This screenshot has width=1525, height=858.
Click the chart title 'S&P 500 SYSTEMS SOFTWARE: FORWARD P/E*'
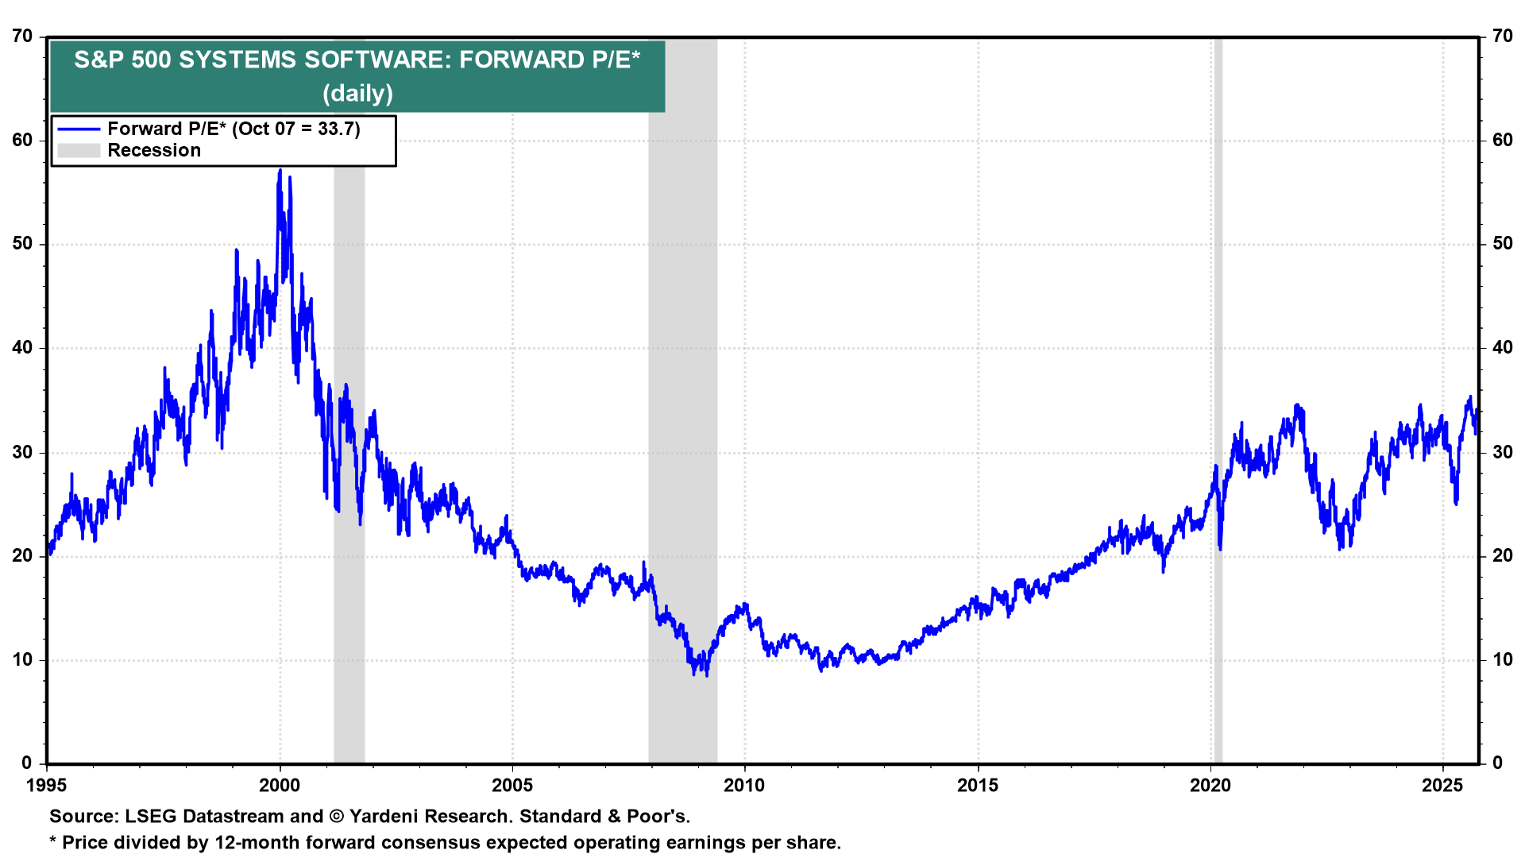[357, 60]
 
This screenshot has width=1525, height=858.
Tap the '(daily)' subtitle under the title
[357, 93]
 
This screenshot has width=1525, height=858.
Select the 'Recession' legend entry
[154, 151]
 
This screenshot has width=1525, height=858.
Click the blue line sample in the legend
[79, 129]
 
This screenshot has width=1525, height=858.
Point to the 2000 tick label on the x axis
[280, 786]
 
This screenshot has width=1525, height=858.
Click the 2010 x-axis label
[744, 786]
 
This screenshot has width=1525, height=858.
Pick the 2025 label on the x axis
[1442, 786]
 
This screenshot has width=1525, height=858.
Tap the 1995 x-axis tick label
[47, 786]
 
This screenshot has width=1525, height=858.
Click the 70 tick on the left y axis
[22, 37]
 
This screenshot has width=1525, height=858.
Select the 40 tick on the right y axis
[1502, 348]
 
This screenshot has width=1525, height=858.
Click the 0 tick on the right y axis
[1497, 763]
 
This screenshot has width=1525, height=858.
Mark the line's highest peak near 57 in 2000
[280, 171]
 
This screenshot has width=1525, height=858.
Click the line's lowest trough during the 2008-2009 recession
[707, 674]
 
